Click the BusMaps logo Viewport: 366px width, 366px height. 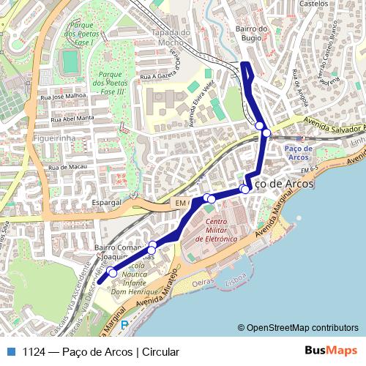pyautogui.click(x=332, y=351)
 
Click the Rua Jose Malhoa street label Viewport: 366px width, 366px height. pyautogui.click(x=65, y=96)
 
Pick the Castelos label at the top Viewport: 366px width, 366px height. pyautogui.click(x=315, y=4)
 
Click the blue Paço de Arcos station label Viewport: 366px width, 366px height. pyautogui.click(x=299, y=152)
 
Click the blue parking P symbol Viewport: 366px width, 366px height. pyautogui.click(x=124, y=324)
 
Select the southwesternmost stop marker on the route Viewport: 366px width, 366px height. pyautogui.click(x=112, y=272)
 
